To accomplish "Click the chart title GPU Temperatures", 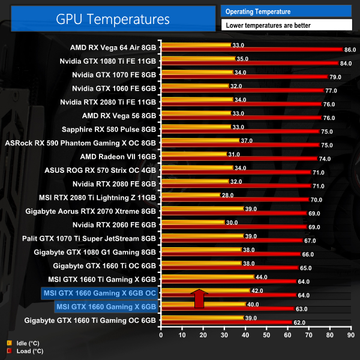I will [x=113, y=19].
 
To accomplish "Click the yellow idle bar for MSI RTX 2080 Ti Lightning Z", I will [x=190, y=195].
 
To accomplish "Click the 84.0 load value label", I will [x=347, y=63].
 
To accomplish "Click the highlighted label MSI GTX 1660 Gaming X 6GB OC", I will [x=99, y=293].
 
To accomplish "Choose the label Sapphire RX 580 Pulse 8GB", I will [x=109, y=129].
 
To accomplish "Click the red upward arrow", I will [x=199, y=298].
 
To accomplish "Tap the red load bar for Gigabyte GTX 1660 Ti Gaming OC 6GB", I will [x=225, y=322].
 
